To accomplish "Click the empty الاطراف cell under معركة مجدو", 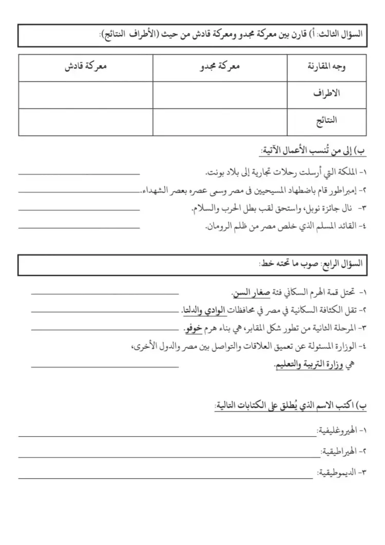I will click(220, 95).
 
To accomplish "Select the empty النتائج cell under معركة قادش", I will click(86, 122).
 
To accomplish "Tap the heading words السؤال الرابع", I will click(344, 265).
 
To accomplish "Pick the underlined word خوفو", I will click(193, 328).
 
